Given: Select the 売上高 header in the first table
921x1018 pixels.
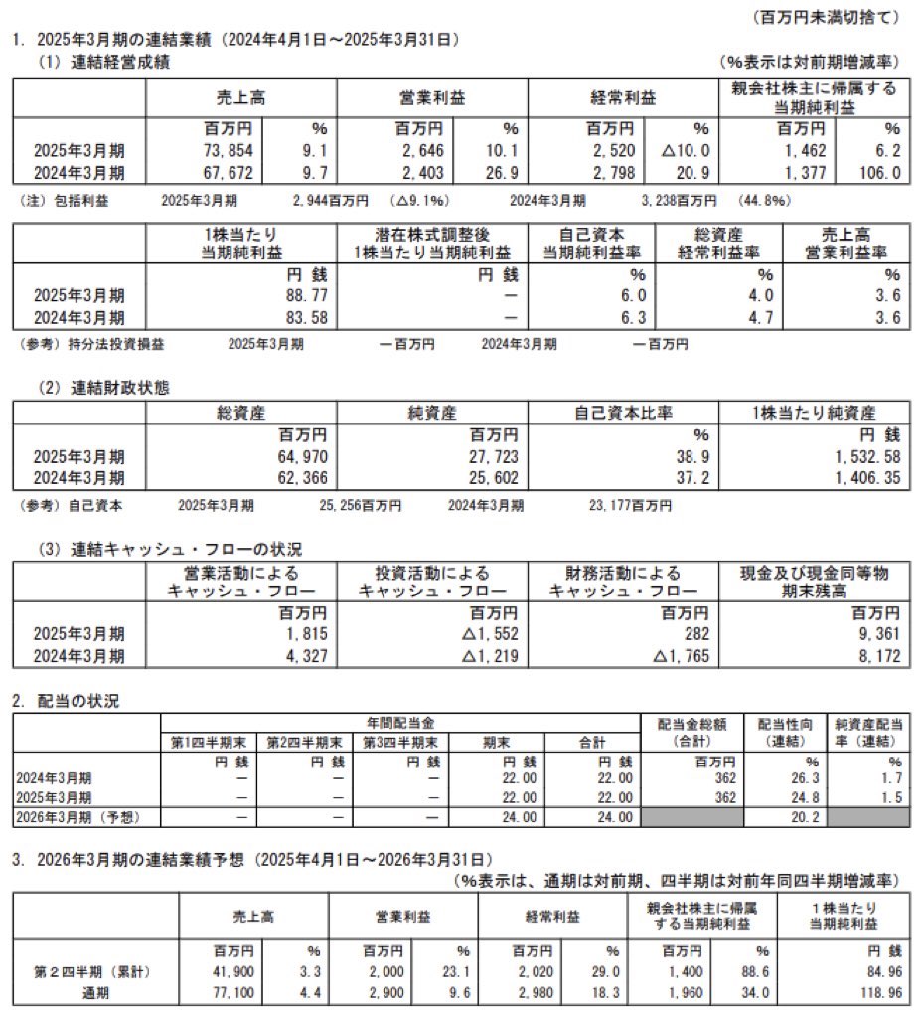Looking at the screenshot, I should coord(240,98).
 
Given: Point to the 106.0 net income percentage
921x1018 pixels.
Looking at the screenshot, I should coord(880,172).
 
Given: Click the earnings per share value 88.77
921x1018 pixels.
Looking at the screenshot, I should coord(304,295).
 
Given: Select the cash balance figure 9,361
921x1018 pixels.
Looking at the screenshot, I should coord(876,633).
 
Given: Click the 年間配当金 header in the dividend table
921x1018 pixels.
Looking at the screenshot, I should coord(400,725).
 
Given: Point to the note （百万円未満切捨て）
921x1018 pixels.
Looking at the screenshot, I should coord(827,17).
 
